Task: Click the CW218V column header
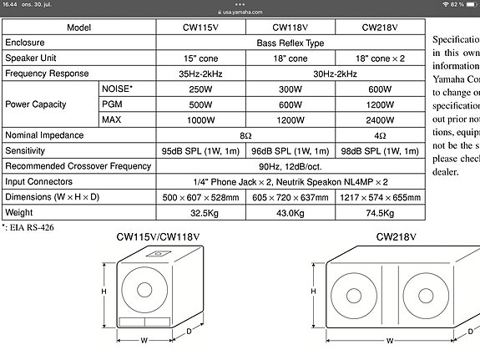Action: point(378,27)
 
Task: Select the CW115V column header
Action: point(200,27)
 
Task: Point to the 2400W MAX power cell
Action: point(378,119)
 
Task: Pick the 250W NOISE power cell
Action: point(200,89)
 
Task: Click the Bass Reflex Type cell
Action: point(290,42)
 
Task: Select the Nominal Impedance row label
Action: point(44,135)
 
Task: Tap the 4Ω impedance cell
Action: point(378,135)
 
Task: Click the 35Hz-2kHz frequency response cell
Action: point(200,74)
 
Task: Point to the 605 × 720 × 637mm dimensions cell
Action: point(290,198)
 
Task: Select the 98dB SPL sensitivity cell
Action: point(378,151)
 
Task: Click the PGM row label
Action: point(112,104)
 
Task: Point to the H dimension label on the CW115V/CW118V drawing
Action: point(104,292)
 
